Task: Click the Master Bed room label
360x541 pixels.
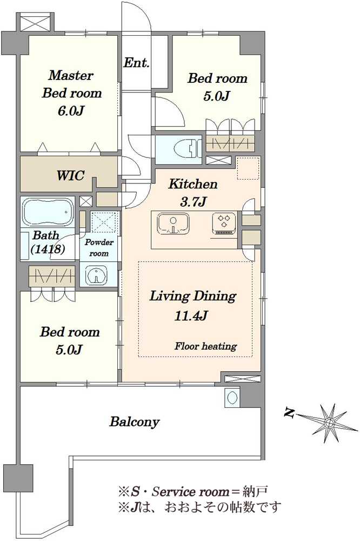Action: tap(72, 84)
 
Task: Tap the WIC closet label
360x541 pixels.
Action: tap(70, 175)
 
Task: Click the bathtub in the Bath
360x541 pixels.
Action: tap(48, 212)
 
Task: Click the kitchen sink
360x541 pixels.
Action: tap(173, 223)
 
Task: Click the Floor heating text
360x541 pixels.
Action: tap(205, 346)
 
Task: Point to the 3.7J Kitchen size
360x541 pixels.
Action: tap(193, 201)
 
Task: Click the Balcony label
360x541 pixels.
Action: tap(135, 422)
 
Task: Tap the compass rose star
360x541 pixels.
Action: tap(330, 423)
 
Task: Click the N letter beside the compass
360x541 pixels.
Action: tap(289, 412)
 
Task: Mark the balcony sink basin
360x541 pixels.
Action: tap(231, 397)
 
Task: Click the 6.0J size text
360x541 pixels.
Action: tap(71, 111)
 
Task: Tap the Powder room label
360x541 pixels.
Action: tap(99, 247)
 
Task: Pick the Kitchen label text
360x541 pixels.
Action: tap(193, 184)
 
